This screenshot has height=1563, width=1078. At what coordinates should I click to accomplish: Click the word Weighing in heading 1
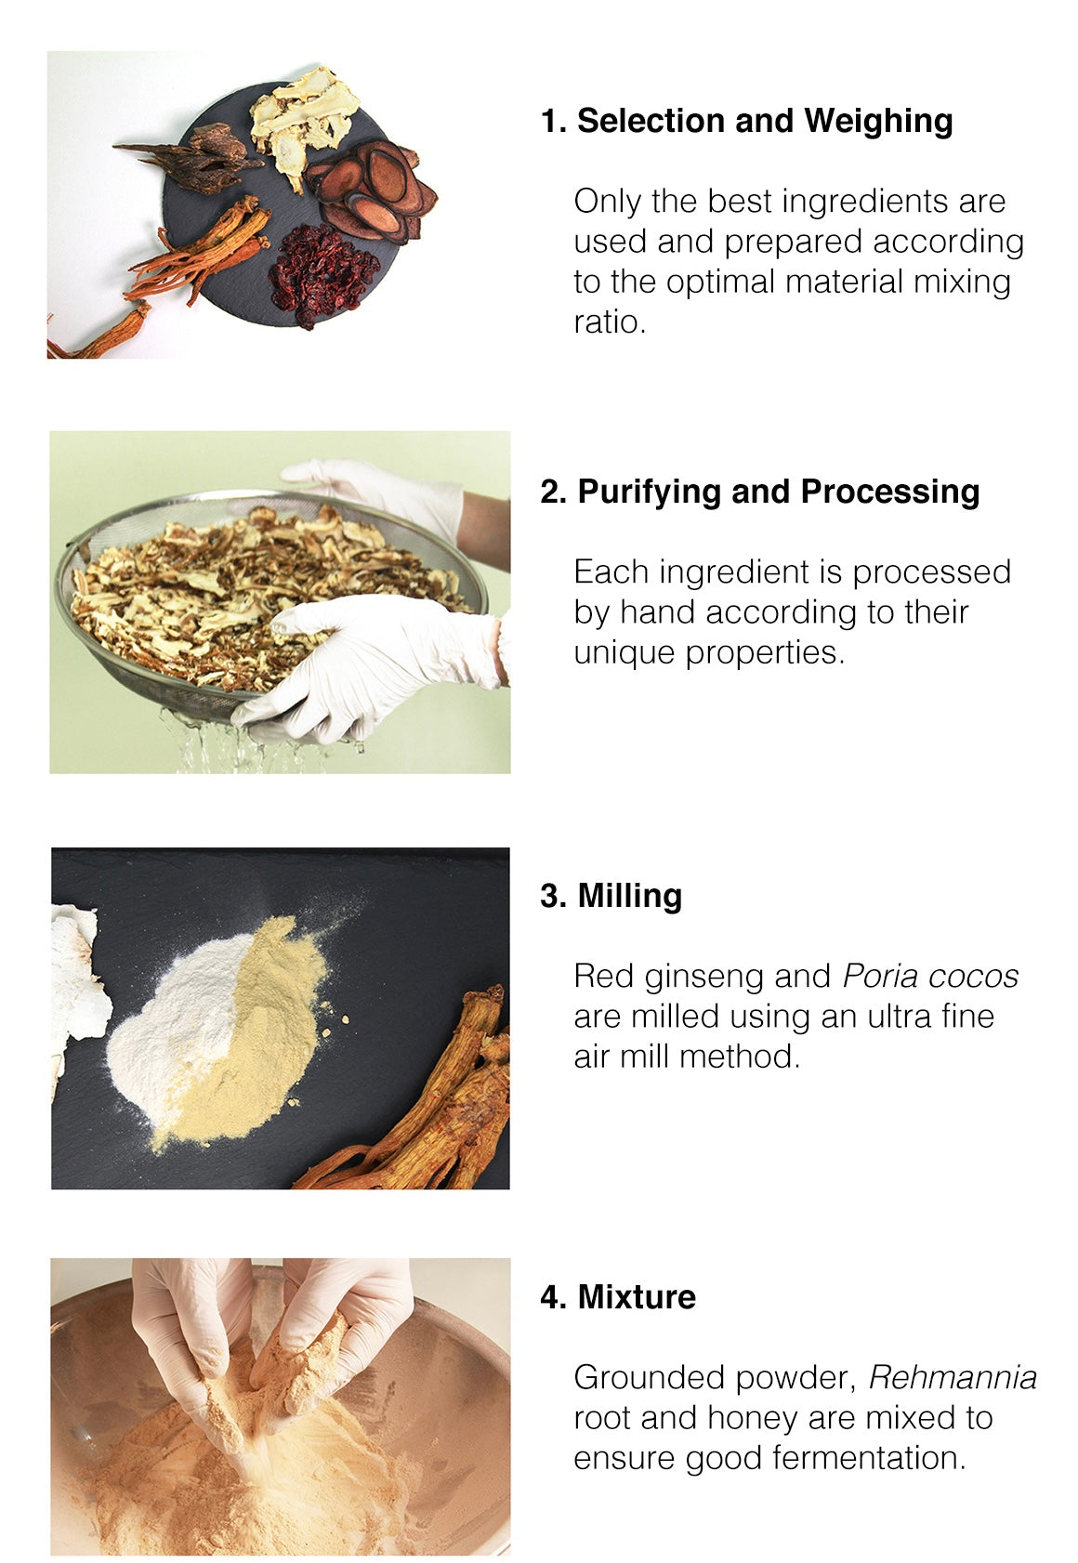[878, 122]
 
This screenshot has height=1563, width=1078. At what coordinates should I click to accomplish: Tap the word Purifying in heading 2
[649, 493]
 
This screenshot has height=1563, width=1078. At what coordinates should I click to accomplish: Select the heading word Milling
[629, 897]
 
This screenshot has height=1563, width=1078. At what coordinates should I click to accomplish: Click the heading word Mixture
[637, 1297]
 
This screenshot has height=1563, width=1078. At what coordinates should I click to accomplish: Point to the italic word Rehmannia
[953, 1378]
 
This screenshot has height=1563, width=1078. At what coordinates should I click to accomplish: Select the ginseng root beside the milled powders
[426, 1102]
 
